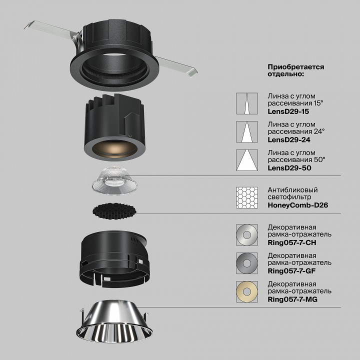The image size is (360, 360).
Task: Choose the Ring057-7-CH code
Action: coord(292,242)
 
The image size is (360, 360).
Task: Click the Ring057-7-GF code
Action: coord(292,271)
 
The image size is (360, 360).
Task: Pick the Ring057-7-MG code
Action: coord(293,299)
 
